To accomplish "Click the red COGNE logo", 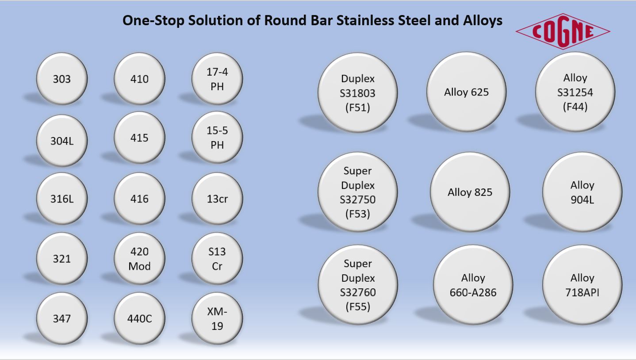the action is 563,31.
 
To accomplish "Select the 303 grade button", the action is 62,79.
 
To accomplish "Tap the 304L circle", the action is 62,141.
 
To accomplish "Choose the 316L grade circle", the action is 62,199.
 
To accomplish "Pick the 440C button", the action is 139,318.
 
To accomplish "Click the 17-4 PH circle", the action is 217,79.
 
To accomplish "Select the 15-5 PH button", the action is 217,138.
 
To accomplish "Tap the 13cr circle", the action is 217,199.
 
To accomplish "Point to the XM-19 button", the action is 217,318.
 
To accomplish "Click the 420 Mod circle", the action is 139,258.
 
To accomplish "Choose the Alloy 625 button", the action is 467,92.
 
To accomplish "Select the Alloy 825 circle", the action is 470,192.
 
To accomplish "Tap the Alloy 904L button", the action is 582,192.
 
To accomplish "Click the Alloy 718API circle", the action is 582,285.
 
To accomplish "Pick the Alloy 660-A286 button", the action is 473,285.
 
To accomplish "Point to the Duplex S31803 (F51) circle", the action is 358,92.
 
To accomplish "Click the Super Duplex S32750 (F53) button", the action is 358,192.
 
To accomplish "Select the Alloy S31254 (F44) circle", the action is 575,92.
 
